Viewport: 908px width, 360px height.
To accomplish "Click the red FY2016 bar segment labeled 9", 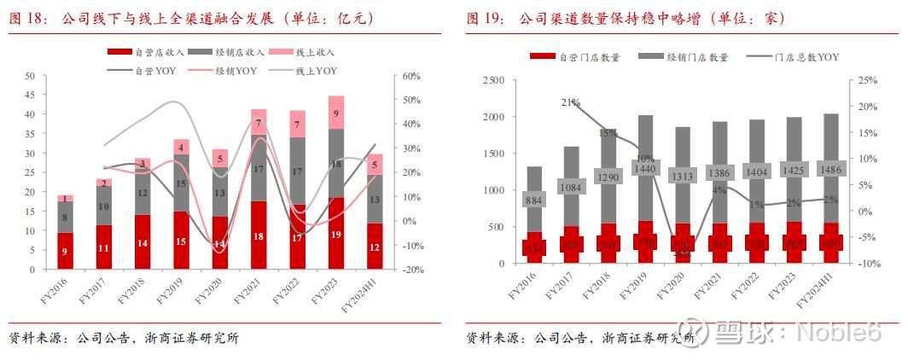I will coord(65,251).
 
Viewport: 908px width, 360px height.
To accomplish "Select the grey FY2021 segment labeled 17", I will coord(259,170).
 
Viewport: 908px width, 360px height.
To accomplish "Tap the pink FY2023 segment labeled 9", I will coord(336,113).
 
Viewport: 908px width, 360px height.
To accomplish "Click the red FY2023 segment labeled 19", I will coord(336,233).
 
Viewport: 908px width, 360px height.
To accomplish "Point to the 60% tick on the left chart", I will coord(410,76).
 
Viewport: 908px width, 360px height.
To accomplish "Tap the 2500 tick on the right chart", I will coord(494,80).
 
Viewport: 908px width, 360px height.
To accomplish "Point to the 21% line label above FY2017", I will coord(571,102).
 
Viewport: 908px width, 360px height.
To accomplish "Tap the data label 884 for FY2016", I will coord(533,200).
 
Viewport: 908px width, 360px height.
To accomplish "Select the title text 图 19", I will coord(483,19).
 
